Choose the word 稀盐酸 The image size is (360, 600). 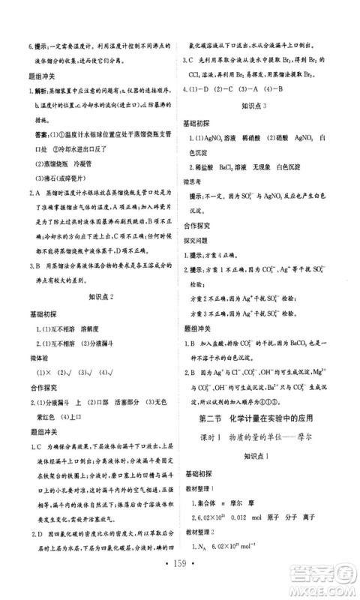208,169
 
